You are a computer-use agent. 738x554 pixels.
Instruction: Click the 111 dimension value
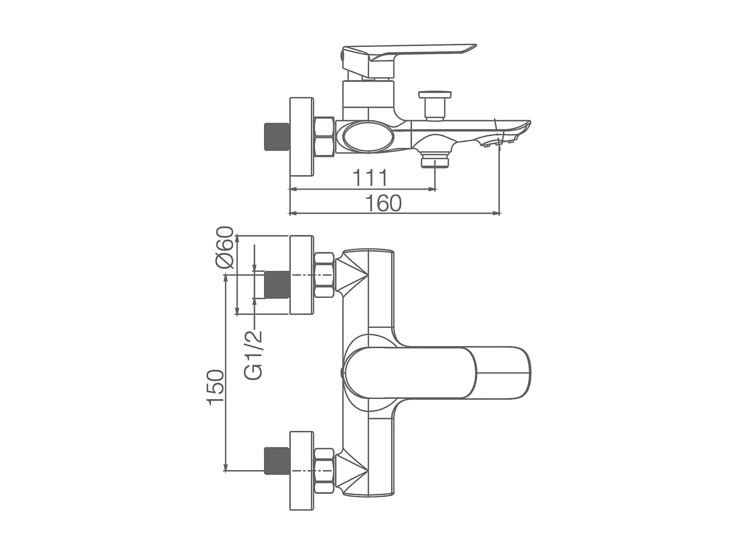coord(370,178)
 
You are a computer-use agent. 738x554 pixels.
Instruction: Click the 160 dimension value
coord(383,203)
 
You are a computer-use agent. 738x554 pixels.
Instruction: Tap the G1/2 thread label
coord(254,355)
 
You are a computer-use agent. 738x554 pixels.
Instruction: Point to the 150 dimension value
coord(216,387)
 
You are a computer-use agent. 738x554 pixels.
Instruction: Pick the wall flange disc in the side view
coord(301,136)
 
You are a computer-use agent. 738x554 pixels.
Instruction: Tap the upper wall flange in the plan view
coord(301,275)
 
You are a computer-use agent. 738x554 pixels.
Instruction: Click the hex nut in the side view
coord(324,136)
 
